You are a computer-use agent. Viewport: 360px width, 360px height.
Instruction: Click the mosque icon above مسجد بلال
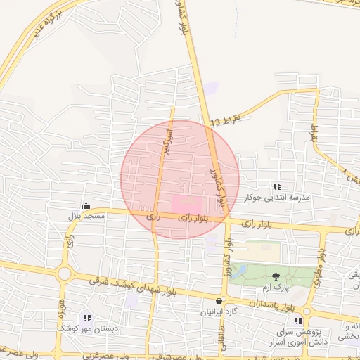coord(86,205)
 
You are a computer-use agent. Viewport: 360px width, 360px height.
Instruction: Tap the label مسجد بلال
coord(86,216)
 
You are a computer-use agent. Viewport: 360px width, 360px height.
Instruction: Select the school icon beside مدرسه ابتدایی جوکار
coord(278,186)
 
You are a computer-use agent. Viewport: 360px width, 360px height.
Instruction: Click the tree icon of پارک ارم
coord(285,276)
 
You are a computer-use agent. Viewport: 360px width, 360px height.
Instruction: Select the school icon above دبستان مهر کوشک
coord(86,318)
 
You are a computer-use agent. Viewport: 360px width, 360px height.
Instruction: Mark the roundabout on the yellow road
coord(66,274)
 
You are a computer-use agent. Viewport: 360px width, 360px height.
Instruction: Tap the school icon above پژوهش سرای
coord(299,321)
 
